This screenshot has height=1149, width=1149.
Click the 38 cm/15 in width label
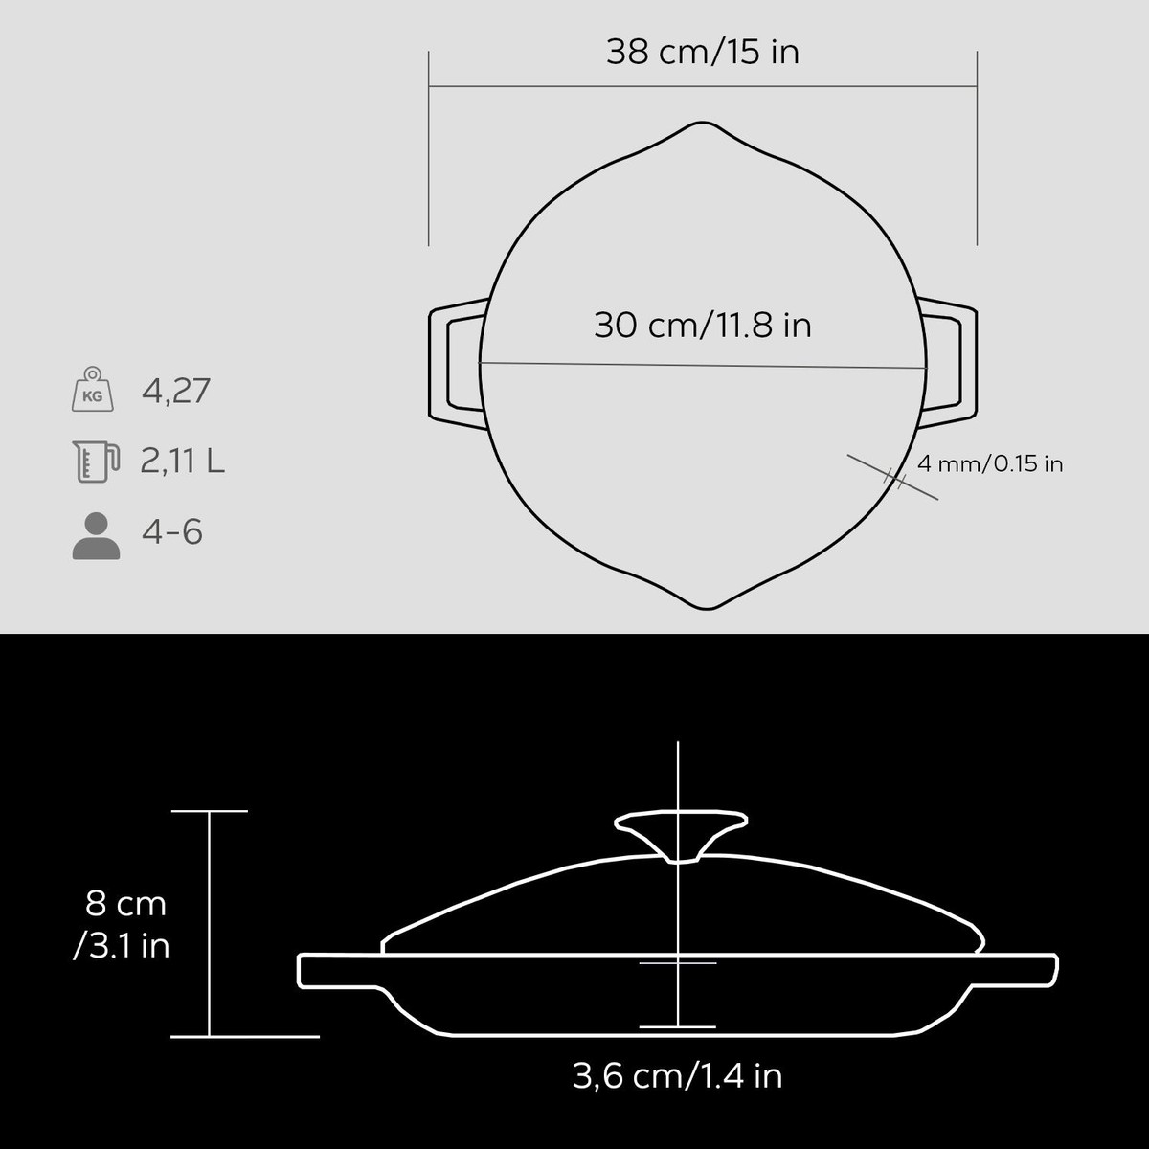coord(703,52)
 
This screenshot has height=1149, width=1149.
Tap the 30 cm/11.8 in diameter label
coord(703,326)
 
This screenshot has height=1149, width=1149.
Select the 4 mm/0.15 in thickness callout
coord(990,463)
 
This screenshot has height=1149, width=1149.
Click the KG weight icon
coord(93,389)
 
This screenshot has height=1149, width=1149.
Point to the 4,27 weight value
coord(176,392)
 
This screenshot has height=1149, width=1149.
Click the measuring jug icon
coord(96,462)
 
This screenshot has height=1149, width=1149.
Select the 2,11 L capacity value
coord(183,461)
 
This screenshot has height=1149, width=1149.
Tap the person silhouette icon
coord(96,535)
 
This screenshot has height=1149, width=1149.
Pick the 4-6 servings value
coord(172,531)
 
